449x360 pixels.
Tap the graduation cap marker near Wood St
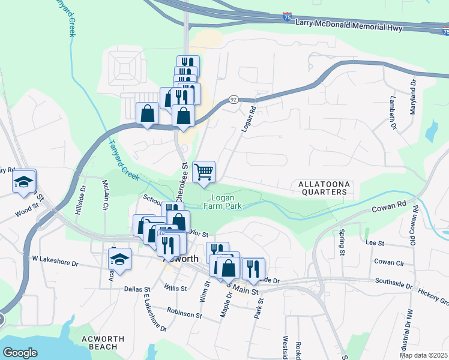tap(23, 182)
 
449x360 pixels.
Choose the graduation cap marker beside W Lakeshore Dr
tap(119, 259)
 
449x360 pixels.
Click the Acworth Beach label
tap(103, 343)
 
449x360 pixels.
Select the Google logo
tap(20, 352)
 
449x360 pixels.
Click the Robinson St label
tap(184, 313)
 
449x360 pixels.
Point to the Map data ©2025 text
tap(423, 355)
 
